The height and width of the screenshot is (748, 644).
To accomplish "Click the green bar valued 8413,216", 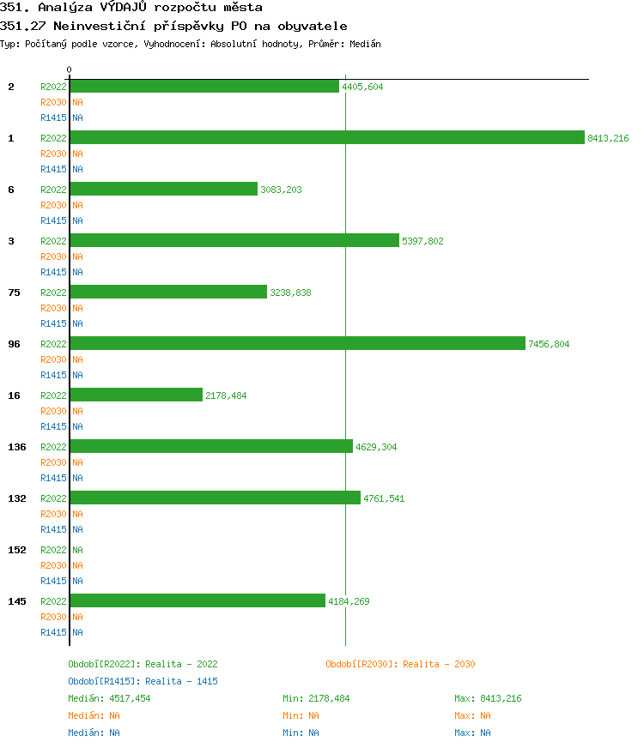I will pyautogui.click(x=326, y=137).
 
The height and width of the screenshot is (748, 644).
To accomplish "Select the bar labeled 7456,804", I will pyautogui.click(x=297, y=343).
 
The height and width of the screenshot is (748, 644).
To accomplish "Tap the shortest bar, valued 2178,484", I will pyautogui.click(x=136, y=395).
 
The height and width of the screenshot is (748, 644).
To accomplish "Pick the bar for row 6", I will pyautogui.click(x=163, y=189).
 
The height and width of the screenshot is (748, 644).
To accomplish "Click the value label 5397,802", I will pyautogui.click(x=422, y=241).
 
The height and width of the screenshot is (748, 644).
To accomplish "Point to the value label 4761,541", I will pyautogui.click(x=384, y=498).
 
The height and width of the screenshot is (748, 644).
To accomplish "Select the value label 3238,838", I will pyautogui.click(x=290, y=293).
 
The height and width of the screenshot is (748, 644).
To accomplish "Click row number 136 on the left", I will pyautogui.click(x=17, y=447).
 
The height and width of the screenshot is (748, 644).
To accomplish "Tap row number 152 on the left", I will pyautogui.click(x=17, y=550).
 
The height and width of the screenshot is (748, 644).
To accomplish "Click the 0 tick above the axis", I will pyautogui.click(x=70, y=69).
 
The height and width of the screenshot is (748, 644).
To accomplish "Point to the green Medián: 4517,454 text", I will pyautogui.click(x=109, y=698).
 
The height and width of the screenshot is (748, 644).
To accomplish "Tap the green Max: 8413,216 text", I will pyautogui.click(x=488, y=698).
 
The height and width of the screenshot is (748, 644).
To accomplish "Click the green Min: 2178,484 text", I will pyautogui.click(x=316, y=698).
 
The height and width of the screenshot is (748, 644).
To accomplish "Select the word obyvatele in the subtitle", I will pyautogui.click(x=313, y=27).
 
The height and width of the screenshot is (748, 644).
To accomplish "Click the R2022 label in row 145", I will pyautogui.click(x=53, y=601).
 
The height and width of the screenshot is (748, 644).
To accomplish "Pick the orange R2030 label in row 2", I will pyautogui.click(x=53, y=102).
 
